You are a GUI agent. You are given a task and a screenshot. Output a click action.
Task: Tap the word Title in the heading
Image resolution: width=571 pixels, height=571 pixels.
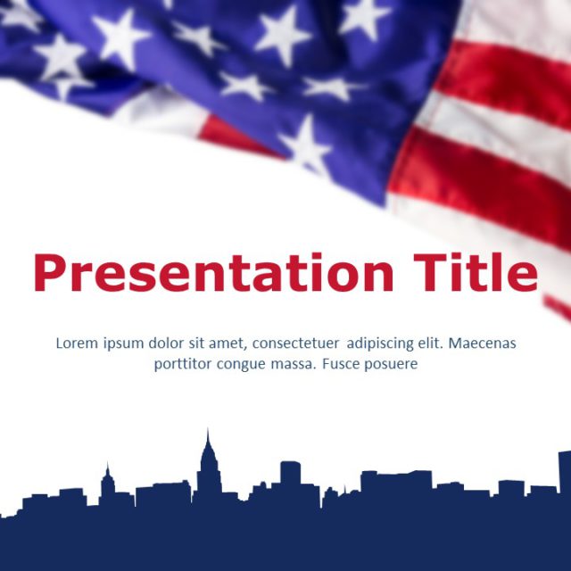475,272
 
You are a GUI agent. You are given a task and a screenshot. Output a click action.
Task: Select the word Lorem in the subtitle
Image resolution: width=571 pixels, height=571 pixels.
76,343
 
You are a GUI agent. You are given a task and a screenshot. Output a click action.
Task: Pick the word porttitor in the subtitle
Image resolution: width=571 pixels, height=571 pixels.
182,364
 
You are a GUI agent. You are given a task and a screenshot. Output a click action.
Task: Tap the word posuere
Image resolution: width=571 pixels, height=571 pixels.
390,364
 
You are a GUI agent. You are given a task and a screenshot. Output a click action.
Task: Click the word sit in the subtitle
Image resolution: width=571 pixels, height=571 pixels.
192,343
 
